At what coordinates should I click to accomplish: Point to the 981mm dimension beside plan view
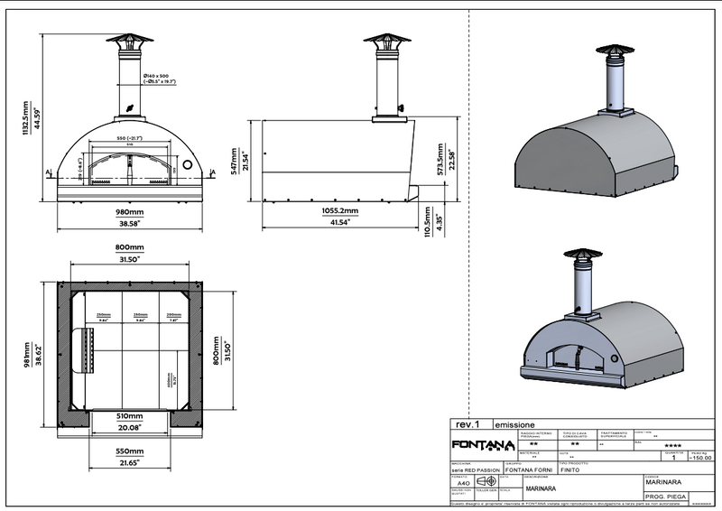28,358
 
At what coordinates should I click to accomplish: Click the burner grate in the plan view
88,349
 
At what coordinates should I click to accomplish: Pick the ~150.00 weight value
700,458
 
